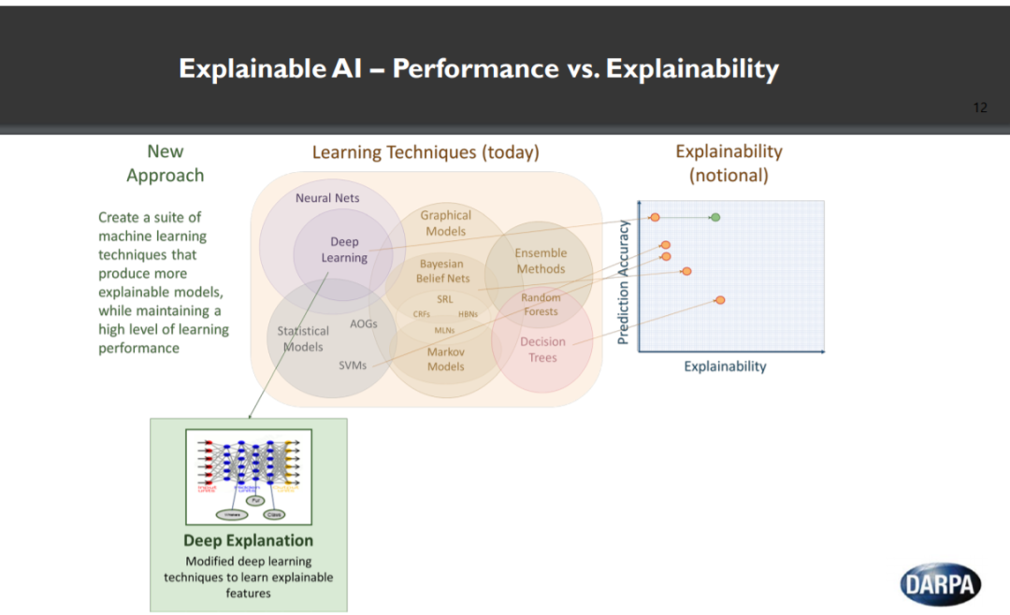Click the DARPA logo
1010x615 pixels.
click(x=941, y=584)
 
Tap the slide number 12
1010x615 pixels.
click(x=980, y=107)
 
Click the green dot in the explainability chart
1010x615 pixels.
click(x=715, y=217)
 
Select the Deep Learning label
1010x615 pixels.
click(x=344, y=250)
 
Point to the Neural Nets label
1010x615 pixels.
click(x=327, y=198)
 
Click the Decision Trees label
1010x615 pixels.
click(x=542, y=350)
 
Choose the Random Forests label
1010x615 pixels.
click(x=541, y=305)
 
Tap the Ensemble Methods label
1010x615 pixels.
click(x=541, y=261)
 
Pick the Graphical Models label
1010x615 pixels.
click(x=445, y=222)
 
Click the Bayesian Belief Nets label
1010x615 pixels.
click(x=443, y=271)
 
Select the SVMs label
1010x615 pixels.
click(x=353, y=365)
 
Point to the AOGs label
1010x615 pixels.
click(x=363, y=323)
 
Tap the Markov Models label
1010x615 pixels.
click(x=445, y=359)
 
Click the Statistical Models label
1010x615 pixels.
click(x=302, y=338)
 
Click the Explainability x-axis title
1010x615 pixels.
click(x=725, y=366)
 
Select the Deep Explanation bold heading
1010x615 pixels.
click(x=248, y=540)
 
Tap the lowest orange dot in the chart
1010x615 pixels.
click(x=720, y=300)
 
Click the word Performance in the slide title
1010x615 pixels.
click(x=474, y=68)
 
